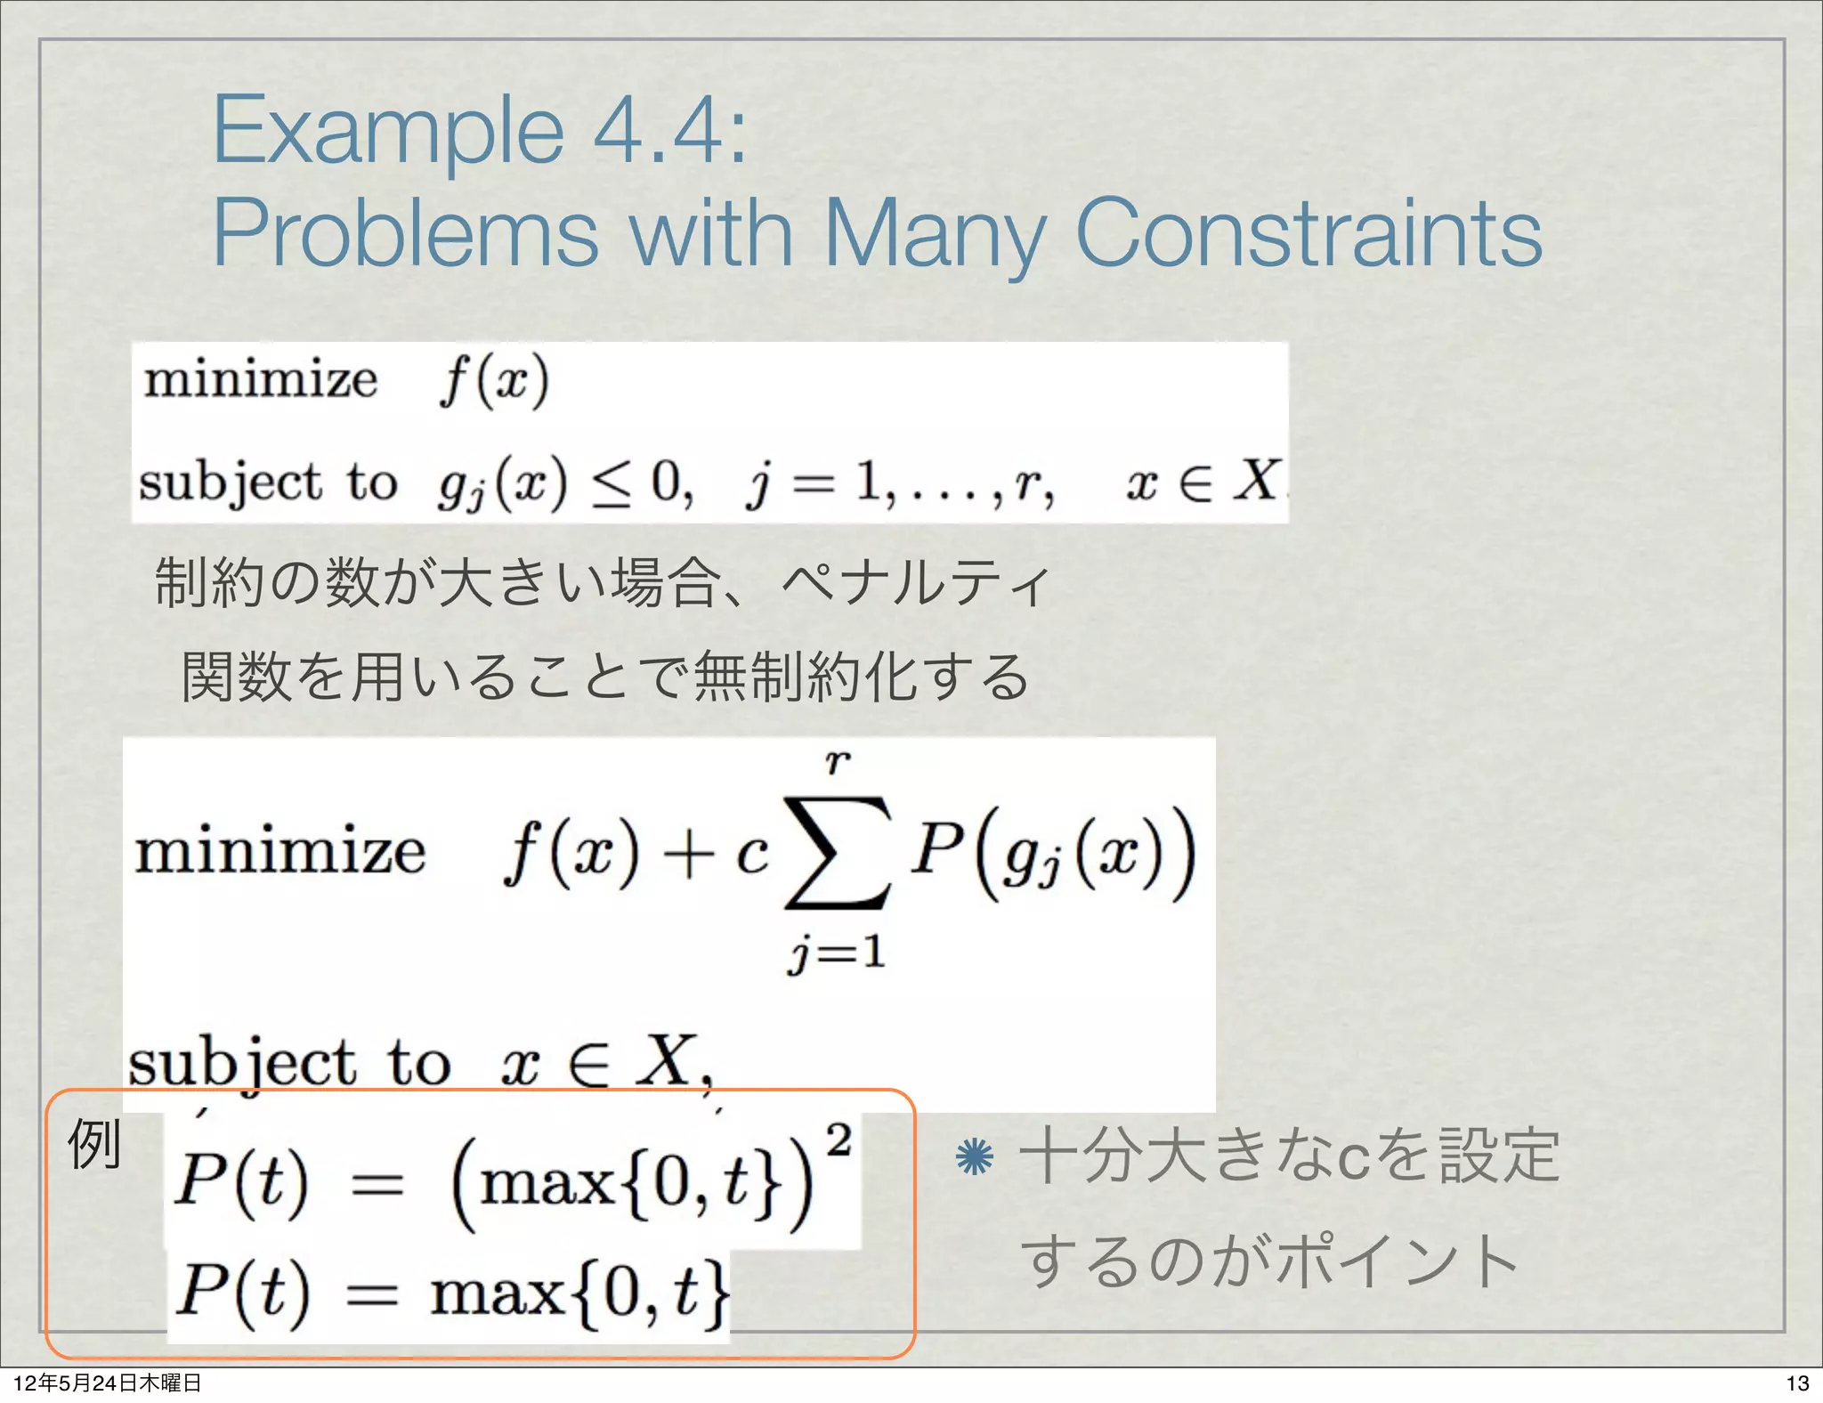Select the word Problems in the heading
(x=405, y=233)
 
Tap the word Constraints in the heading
(x=1309, y=233)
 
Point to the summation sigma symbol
(x=836, y=852)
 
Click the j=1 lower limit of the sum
(x=836, y=953)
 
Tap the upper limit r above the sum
(x=837, y=762)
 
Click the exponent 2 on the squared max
(x=838, y=1139)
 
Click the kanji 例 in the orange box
(x=94, y=1144)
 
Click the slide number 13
(x=1797, y=1383)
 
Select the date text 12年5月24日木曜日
(x=108, y=1383)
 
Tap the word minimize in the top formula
(x=261, y=380)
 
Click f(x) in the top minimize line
(x=494, y=381)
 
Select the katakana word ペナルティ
(x=916, y=584)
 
